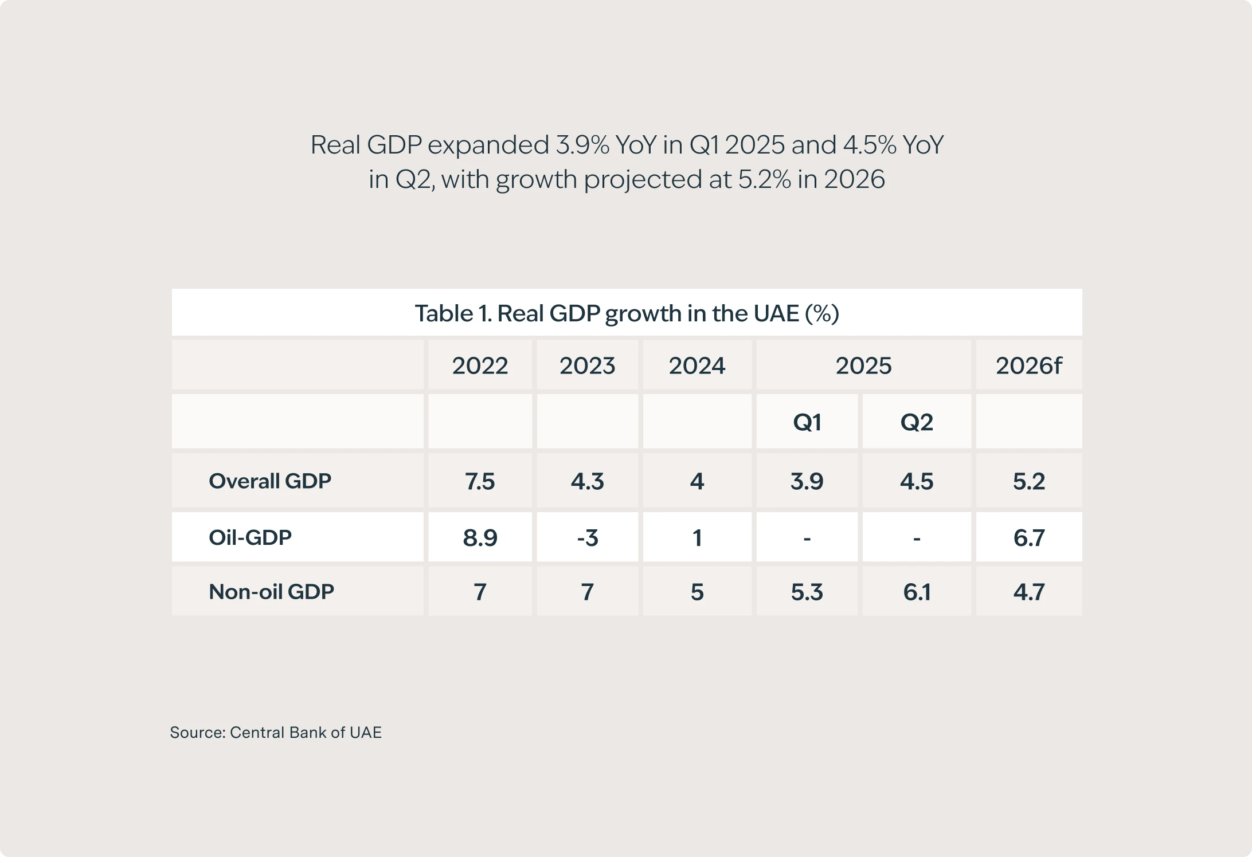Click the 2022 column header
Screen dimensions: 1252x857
pos(480,365)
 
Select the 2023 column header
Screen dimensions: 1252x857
pos(587,365)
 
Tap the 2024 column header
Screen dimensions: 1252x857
pos(697,365)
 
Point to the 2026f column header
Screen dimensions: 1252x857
pos(1028,365)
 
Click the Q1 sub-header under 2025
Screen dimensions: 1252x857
pos(807,422)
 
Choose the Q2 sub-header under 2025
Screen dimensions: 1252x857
pos(917,422)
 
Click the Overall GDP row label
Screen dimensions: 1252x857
pos(270,481)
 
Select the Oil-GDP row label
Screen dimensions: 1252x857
pos(250,537)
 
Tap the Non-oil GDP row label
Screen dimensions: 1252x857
pos(271,591)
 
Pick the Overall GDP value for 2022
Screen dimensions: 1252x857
pos(480,481)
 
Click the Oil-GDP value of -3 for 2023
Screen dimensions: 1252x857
pos(587,538)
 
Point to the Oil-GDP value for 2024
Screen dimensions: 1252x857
pos(697,538)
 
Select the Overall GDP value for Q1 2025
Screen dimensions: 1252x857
pos(807,481)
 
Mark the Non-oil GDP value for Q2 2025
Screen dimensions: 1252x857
pos(917,592)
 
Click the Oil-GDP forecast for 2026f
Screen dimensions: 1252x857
pos(1028,538)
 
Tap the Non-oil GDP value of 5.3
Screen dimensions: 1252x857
pos(807,592)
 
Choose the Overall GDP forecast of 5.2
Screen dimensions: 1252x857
pos(1028,481)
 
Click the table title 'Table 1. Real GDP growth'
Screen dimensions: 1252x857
pos(627,313)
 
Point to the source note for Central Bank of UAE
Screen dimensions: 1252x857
pos(276,732)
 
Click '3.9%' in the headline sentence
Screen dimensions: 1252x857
pos(582,144)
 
